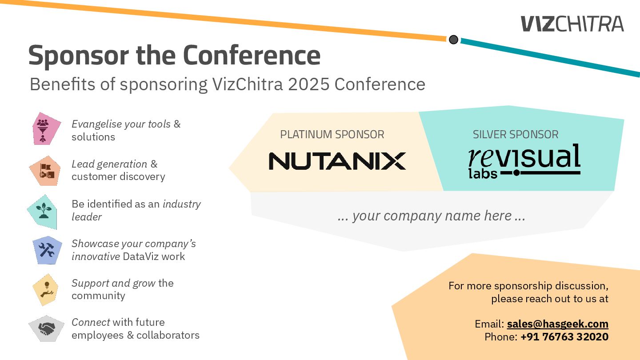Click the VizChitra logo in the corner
pos(572,24)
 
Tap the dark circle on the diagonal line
pos(453,40)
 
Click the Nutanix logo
pos(337,160)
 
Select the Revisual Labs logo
pos(524,161)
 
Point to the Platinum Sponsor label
pos(332,134)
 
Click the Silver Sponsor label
pos(515,134)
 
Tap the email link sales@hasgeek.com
pos(557,324)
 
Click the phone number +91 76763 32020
pos(564,337)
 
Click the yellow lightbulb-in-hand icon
pos(45,289)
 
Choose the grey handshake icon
pos(46,328)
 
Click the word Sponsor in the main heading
pos(79,56)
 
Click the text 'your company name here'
pos(432,216)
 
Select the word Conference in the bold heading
pos(252,56)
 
